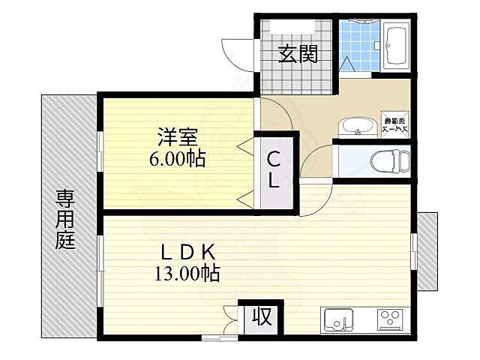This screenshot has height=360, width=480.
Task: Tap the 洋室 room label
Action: point(178,138)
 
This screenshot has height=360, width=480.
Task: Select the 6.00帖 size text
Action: point(178,159)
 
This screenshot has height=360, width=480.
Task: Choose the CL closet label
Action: point(274,170)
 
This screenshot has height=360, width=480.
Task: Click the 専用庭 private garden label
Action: point(64,219)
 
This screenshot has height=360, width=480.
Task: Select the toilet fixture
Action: point(391,160)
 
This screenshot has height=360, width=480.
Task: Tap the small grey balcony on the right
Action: point(427,251)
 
